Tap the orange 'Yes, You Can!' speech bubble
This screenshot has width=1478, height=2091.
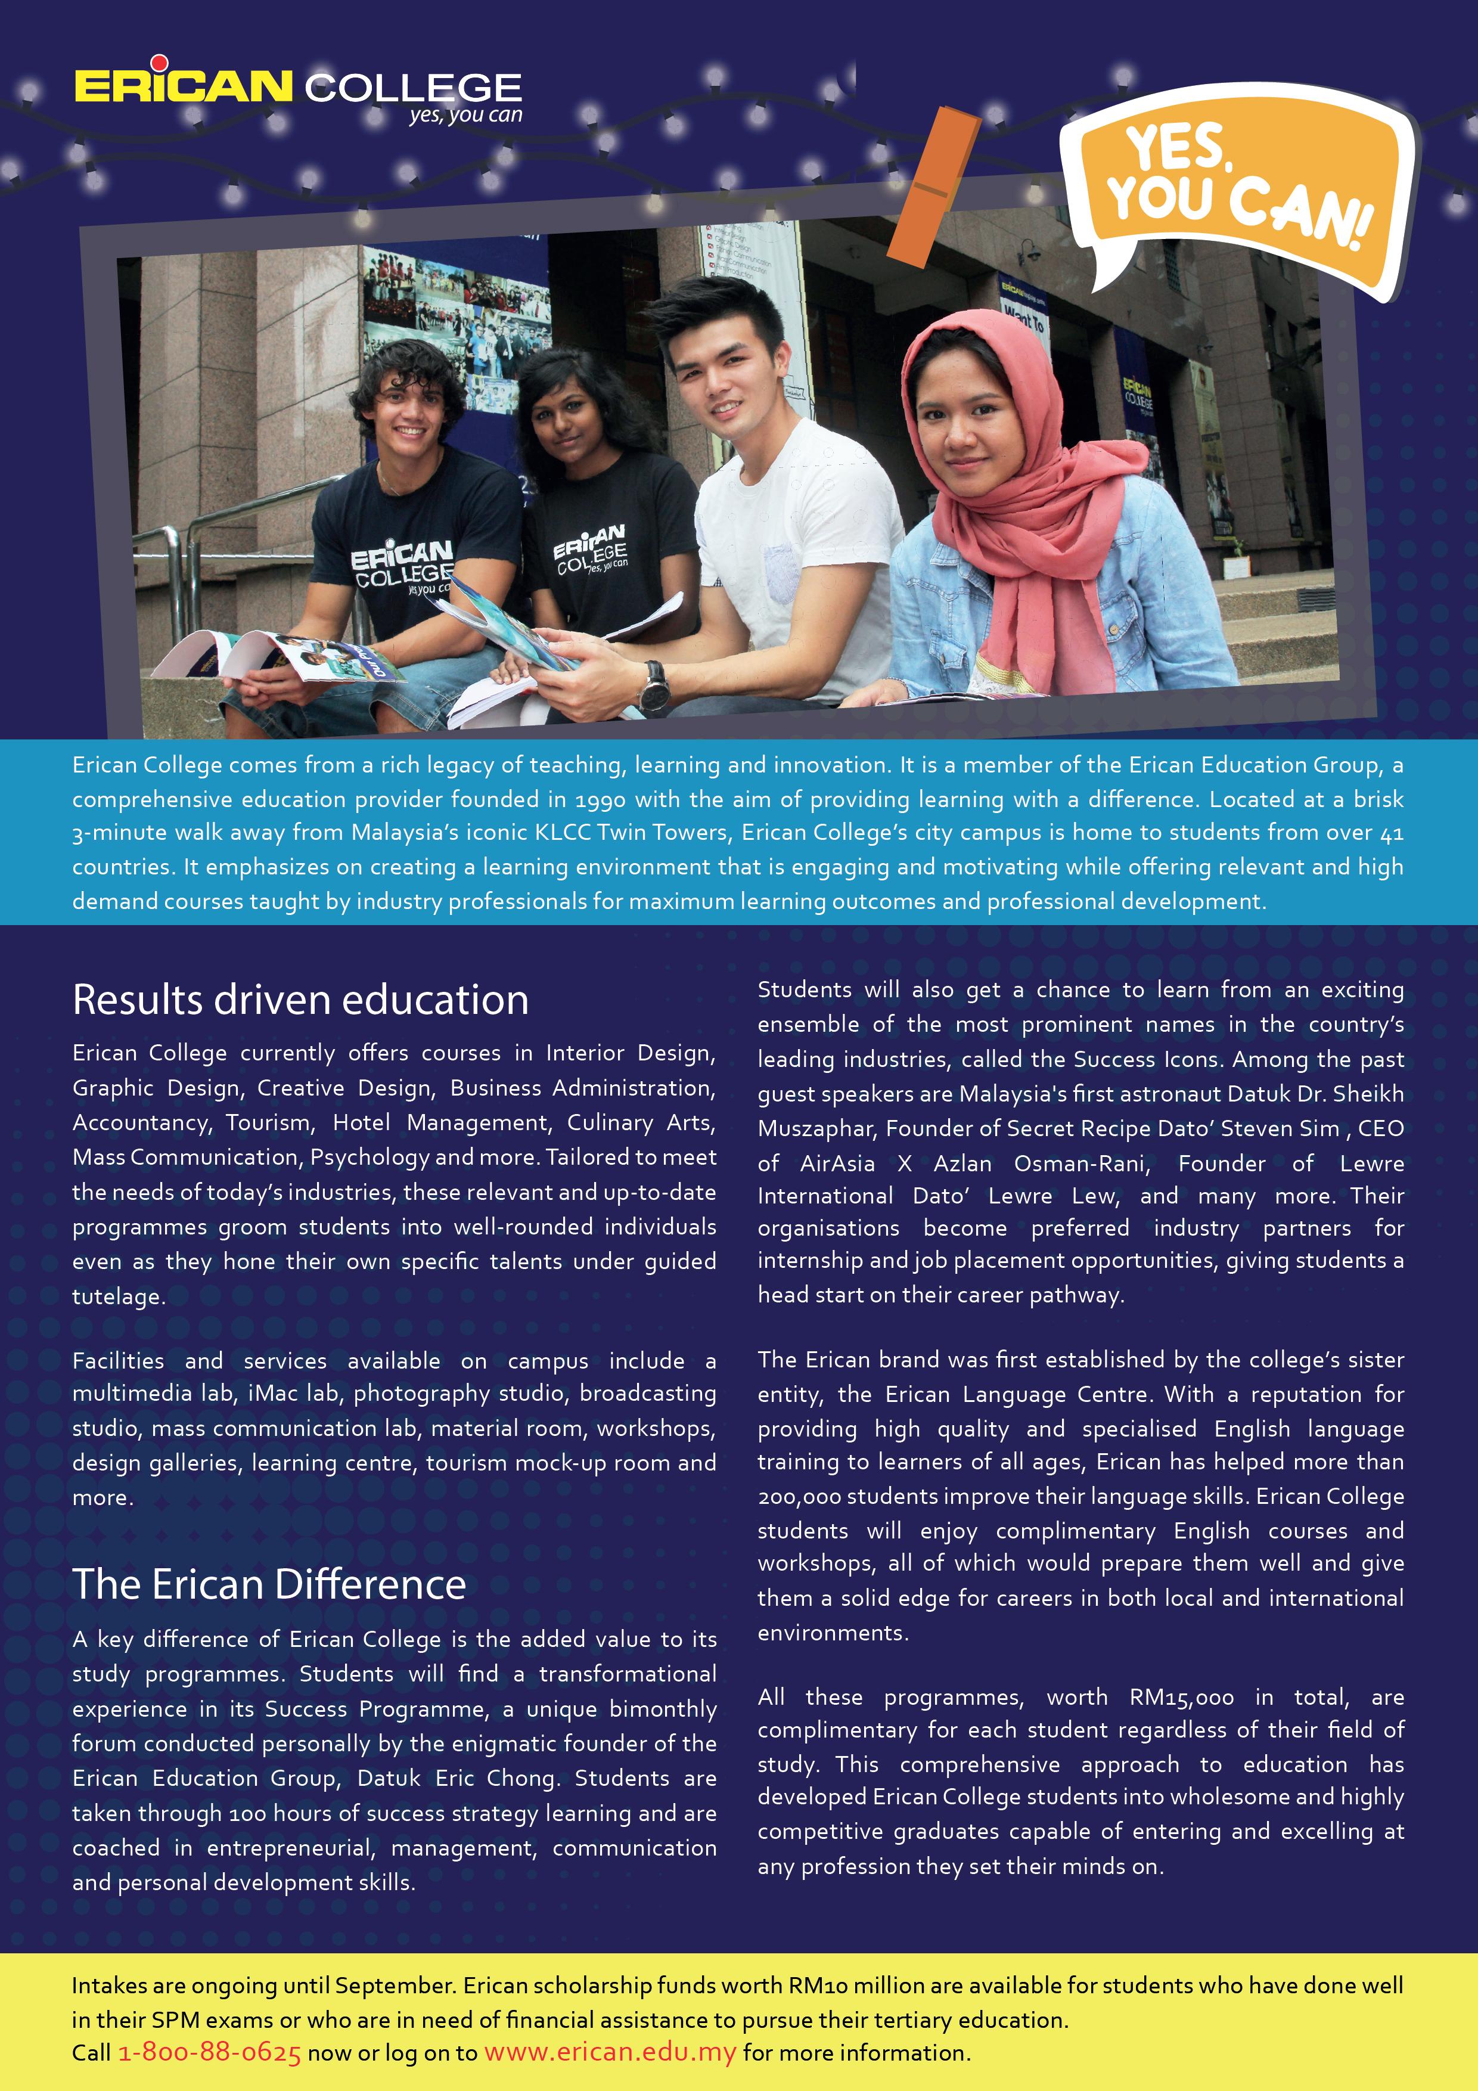(1238, 187)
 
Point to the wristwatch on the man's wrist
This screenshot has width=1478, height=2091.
(653, 688)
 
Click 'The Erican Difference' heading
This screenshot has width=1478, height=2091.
(269, 1585)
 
